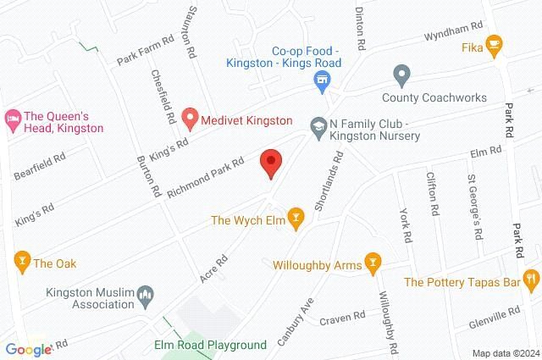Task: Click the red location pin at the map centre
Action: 270,162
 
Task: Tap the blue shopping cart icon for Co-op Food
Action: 321,81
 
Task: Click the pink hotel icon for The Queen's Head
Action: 13,115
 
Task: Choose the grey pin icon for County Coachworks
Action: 402,75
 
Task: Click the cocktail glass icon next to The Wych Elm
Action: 295,220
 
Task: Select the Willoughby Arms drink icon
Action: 371,264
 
